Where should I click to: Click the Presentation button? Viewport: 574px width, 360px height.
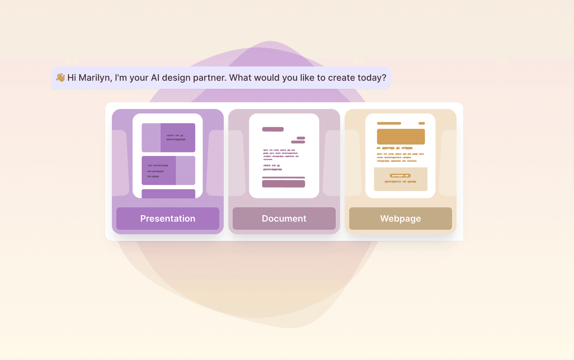click(x=168, y=219)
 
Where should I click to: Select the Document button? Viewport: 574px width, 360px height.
click(x=284, y=219)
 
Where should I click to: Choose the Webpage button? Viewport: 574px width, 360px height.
click(x=401, y=219)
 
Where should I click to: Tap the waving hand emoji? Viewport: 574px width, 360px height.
click(x=61, y=77)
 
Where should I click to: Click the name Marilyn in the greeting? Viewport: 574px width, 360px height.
click(x=95, y=78)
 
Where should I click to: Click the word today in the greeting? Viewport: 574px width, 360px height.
click(x=372, y=78)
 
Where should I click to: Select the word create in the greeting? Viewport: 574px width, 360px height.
click(x=341, y=78)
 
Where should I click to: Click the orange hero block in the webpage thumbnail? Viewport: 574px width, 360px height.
click(x=401, y=137)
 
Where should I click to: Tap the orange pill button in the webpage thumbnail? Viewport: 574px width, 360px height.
click(x=400, y=176)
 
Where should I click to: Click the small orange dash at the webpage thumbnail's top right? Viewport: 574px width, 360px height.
click(x=422, y=123)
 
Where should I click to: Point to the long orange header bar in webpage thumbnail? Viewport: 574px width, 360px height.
click(x=389, y=123)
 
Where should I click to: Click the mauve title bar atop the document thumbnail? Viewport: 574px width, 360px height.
click(x=273, y=129)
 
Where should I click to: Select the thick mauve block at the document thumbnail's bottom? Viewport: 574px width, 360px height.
click(x=283, y=184)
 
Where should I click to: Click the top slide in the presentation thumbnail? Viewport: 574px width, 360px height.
click(x=168, y=138)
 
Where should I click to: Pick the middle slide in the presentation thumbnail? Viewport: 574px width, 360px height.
click(x=168, y=170)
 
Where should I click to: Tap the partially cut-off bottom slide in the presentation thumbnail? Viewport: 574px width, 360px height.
click(x=168, y=194)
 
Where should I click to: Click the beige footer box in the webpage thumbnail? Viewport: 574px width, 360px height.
click(x=401, y=179)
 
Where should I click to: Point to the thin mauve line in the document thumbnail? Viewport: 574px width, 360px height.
click(x=283, y=178)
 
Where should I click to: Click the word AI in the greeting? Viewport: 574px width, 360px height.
click(x=155, y=78)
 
